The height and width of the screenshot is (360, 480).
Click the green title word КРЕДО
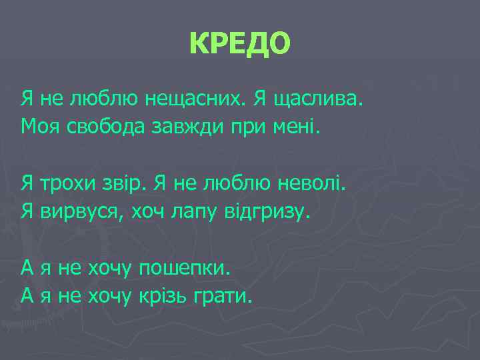tap(240, 44)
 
